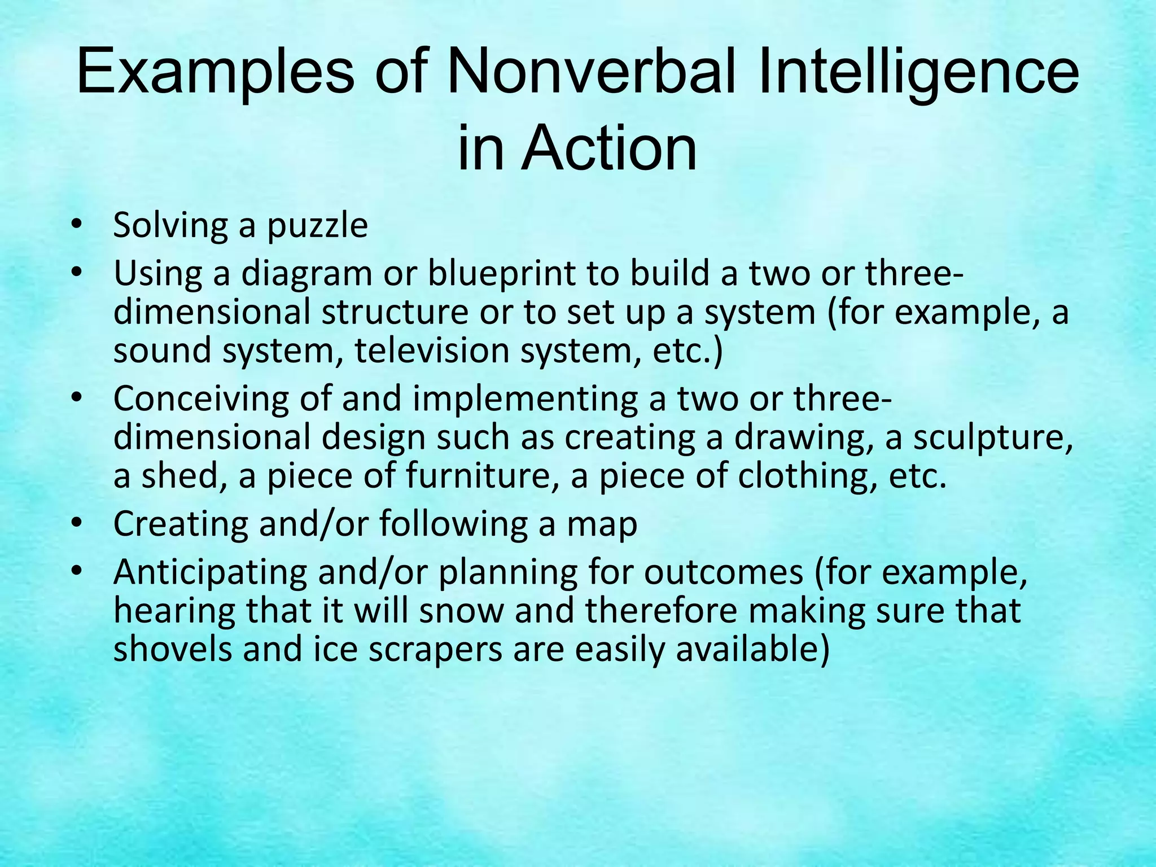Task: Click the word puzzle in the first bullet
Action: coord(317,226)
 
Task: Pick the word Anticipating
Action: coord(210,573)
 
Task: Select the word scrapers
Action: coord(435,649)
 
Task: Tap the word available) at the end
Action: coord(753,649)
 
